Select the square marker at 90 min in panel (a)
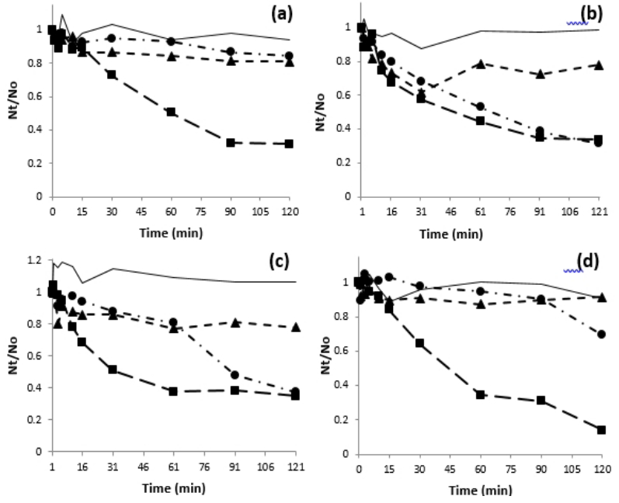[230, 143]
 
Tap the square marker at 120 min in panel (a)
[289, 144]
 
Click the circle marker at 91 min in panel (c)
[234, 375]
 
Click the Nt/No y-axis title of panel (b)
[320, 109]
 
